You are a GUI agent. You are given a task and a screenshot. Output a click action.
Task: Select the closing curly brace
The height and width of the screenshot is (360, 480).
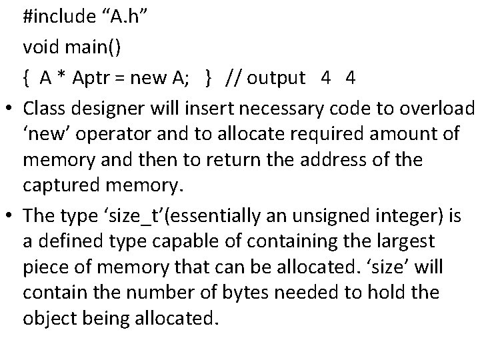209,79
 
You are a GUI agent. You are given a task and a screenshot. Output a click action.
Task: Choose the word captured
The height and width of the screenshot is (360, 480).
65,184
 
